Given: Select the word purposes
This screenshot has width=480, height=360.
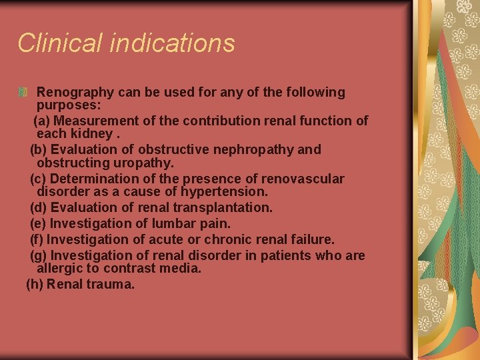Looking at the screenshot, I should tap(67, 105).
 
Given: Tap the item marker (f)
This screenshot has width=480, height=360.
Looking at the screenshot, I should tap(37, 239).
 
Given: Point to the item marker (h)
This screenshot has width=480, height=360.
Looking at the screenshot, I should tap(34, 284).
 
